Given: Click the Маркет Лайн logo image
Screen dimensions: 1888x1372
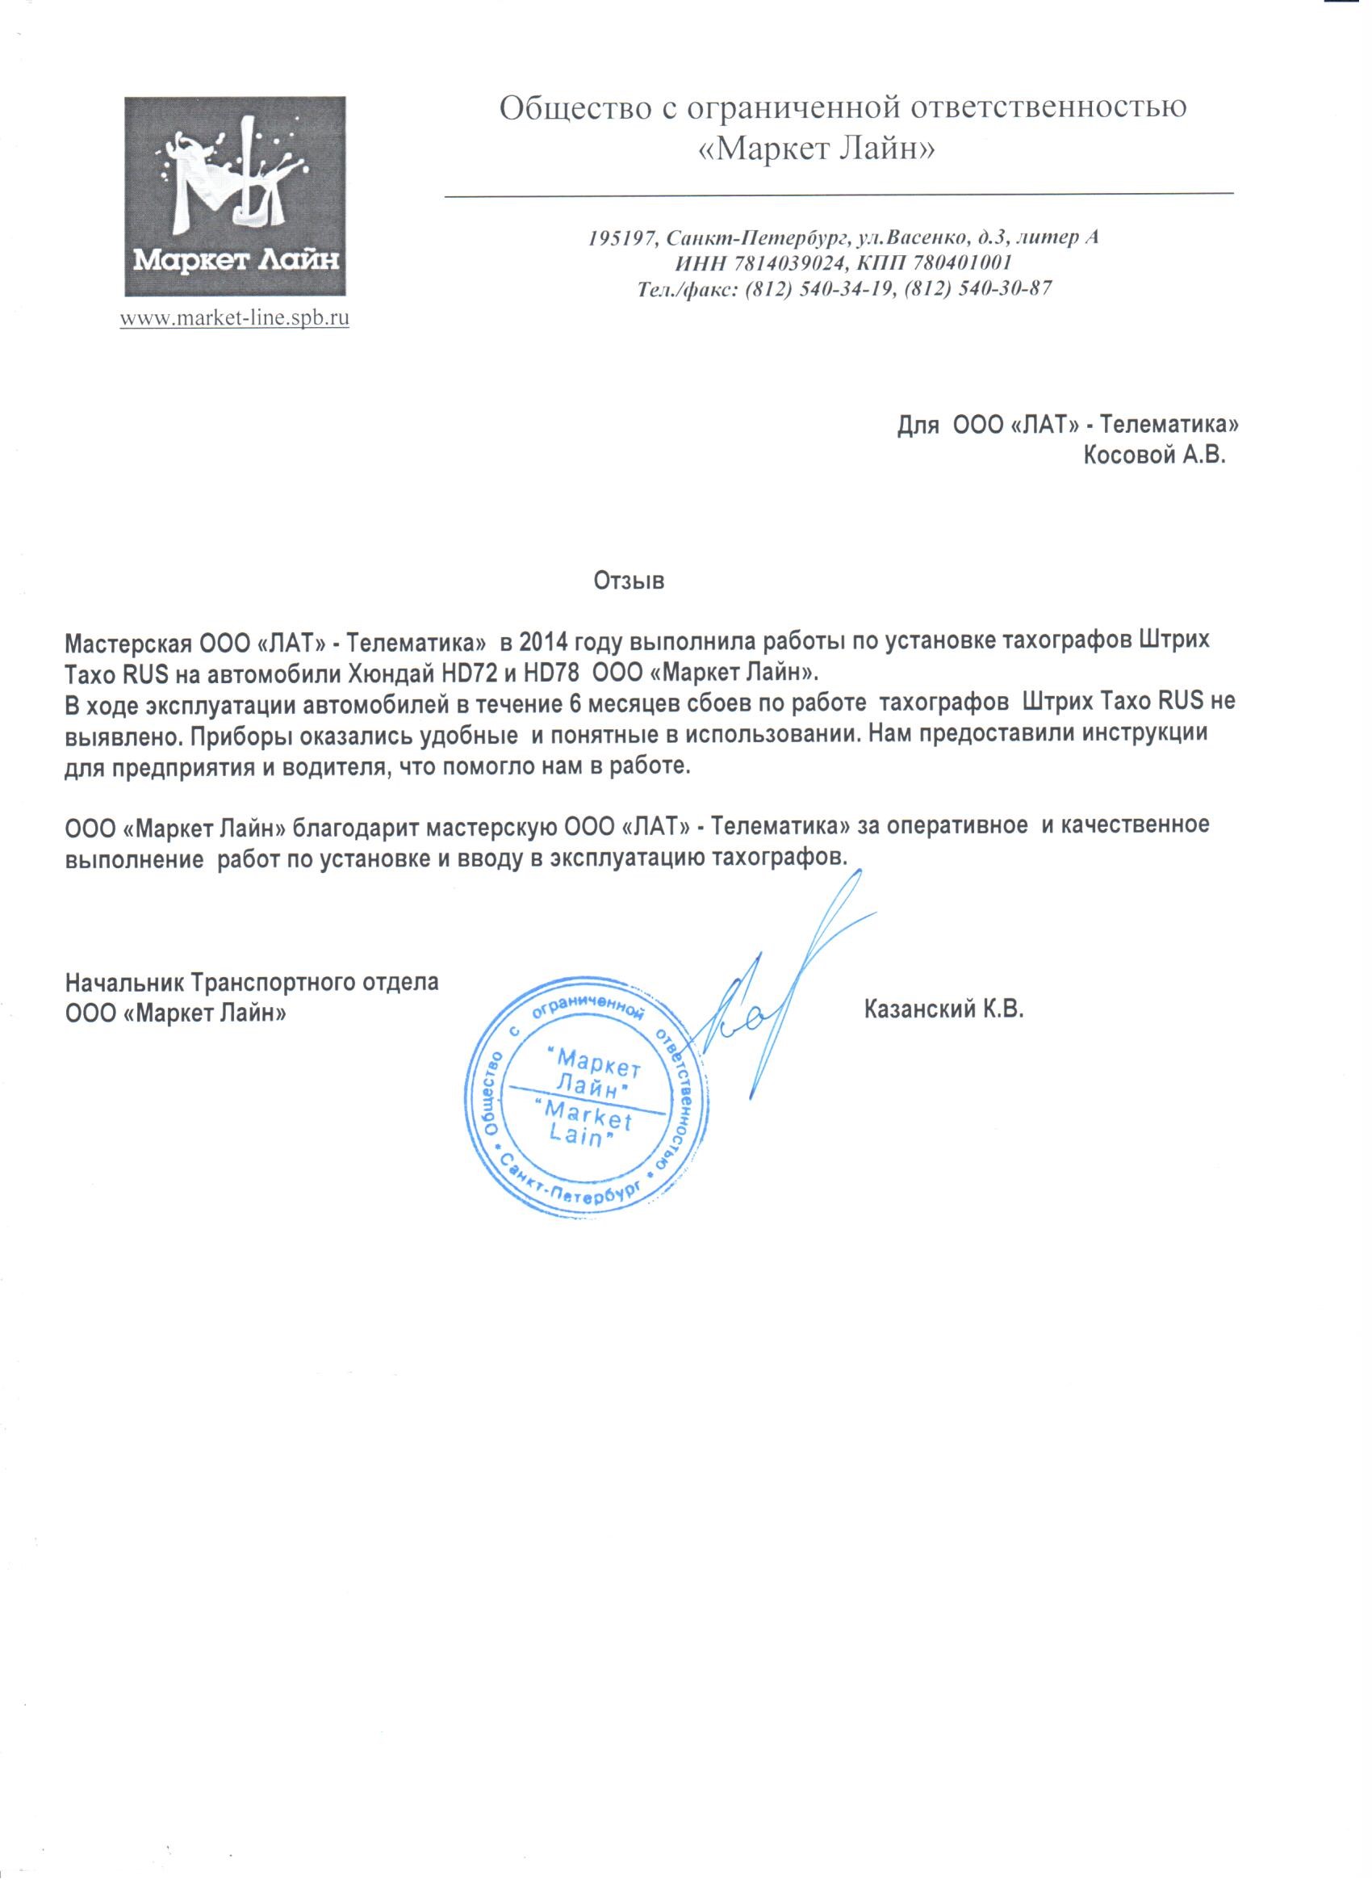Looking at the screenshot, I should (235, 196).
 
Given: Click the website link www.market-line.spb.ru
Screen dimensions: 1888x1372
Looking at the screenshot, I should (235, 317).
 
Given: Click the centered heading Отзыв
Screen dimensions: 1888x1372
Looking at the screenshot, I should (629, 581).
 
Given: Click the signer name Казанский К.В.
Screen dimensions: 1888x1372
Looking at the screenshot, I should (943, 1010).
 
